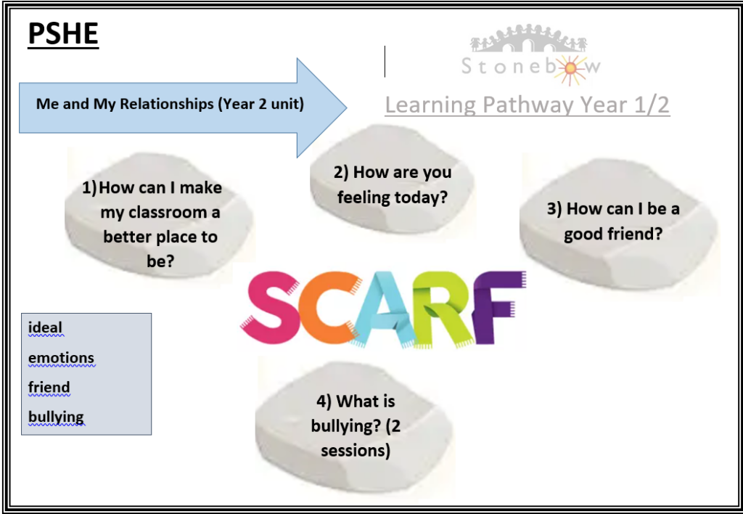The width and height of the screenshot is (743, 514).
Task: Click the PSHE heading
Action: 63,33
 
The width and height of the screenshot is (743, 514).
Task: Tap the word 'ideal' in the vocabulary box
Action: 45,327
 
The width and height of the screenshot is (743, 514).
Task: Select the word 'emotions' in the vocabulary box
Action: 61,357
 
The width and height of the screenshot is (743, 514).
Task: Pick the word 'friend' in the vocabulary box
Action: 49,387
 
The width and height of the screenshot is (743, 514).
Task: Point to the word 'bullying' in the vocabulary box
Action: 56,417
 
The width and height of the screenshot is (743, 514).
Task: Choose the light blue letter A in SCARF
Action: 384,309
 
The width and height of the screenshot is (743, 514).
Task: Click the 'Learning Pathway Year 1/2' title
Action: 527,105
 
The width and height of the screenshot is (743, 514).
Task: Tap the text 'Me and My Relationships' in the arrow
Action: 125,104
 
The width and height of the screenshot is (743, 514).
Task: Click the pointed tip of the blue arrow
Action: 346,107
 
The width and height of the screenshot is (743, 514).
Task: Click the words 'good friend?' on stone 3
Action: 612,234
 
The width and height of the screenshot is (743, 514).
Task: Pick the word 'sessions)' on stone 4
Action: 356,450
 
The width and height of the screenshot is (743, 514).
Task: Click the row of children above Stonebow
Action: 528,38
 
